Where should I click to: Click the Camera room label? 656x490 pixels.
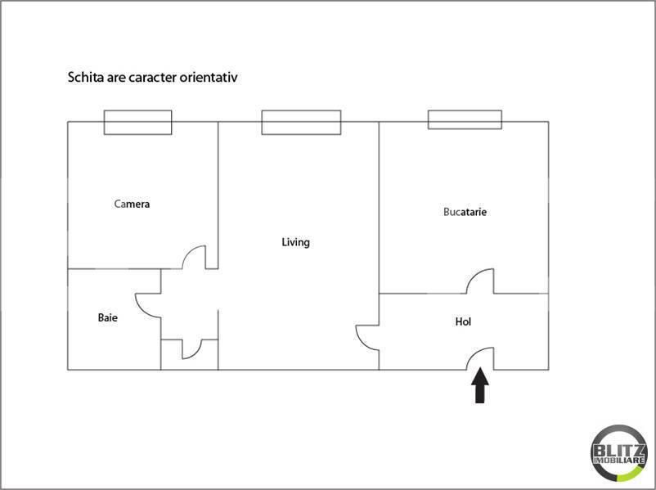[132, 204]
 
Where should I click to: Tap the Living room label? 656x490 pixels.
[295, 242]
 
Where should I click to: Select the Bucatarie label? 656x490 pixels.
[465, 212]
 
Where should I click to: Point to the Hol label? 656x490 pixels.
[463, 321]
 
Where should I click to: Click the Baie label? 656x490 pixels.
[107, 317]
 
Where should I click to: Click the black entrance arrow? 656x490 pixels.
[480, 386]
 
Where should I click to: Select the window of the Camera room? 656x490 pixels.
[137, 122]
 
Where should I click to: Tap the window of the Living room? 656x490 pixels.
[301, 122]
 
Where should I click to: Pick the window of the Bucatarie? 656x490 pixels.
[464, 119]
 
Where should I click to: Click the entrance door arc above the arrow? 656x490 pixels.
[481, 357]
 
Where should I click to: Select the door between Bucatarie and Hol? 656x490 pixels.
[480, 281]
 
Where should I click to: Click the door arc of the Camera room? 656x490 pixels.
[194, 258]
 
